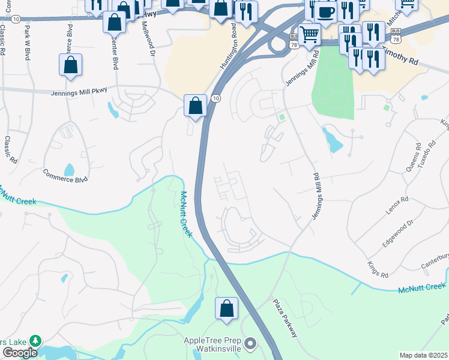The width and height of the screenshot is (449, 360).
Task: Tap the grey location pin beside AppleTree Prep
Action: point(250,344)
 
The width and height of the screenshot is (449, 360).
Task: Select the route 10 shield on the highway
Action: point(216,98)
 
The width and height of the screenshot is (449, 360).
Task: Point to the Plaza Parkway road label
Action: point(285,318)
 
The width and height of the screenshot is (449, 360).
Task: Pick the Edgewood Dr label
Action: point(398,234)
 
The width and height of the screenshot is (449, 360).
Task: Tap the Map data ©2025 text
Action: point(423,355)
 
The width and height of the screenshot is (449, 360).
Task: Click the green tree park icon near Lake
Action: point(35,341)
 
